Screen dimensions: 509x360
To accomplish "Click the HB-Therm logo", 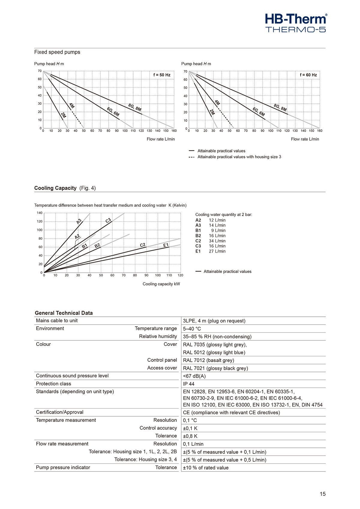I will click(296, 23).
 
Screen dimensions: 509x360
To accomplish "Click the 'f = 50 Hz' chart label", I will click(162, 75).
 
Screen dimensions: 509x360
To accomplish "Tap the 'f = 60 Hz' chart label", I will click(308, 75).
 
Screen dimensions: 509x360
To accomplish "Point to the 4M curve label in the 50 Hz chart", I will click(72, 106).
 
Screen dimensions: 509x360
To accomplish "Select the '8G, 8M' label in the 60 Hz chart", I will click(280, 107).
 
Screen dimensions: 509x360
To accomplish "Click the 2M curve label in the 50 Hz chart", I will click(63, 115).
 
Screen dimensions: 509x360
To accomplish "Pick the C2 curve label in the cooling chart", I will click(143, 245).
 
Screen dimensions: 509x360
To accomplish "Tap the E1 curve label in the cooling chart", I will click(166, 245).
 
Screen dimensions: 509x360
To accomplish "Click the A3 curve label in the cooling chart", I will click(79, 221).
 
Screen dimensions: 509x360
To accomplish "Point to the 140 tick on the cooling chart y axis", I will click(40, 213).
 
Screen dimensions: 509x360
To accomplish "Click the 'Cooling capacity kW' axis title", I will click(161, 284).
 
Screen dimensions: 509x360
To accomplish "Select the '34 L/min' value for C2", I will click(217, 241).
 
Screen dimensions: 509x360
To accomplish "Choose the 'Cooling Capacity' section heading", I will click(55, 188).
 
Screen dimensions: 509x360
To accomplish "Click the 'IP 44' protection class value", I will click(189, 384).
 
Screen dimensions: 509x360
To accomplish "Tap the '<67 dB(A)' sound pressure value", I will click(194, 376).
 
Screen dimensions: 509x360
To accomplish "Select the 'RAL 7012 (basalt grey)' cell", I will click(208, 360).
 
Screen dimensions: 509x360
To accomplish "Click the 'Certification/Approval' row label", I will click(60, 412).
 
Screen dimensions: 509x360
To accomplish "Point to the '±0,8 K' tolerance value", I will click(190, 436).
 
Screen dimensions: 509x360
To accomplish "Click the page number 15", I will click(322, 494).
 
